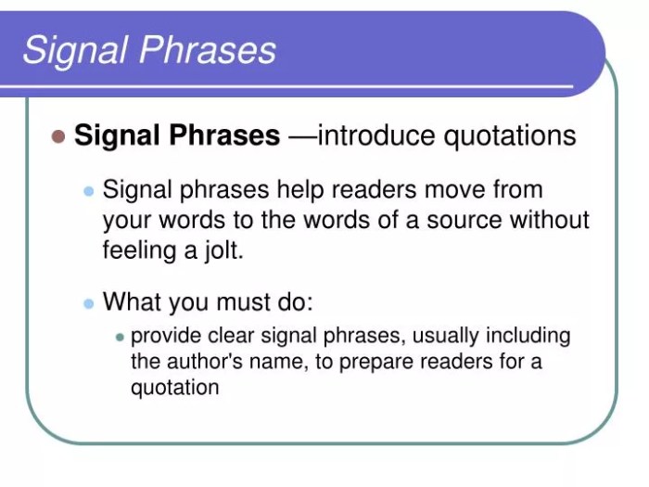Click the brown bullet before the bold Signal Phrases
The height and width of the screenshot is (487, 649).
tap(58, 136)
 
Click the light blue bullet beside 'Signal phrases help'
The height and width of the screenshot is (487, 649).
tap(89, 191)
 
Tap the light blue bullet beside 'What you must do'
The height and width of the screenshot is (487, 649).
tap(89, 302)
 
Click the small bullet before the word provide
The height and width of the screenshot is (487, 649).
tap(120, 337)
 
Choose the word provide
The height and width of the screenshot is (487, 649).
tap(163, 336)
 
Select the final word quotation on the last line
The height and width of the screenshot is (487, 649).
tap(174, 387)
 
